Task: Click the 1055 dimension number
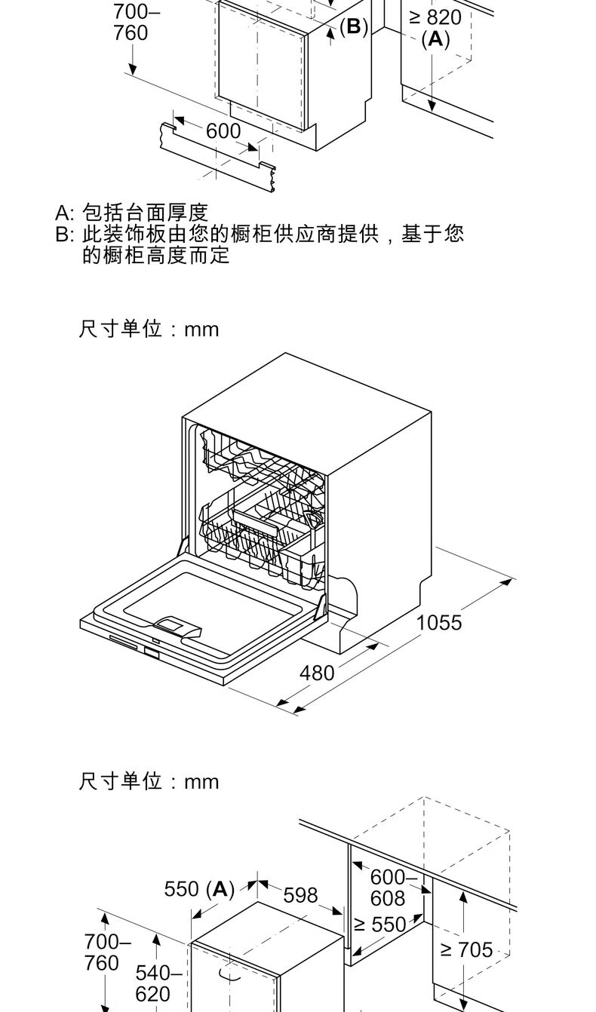439,623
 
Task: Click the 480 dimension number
317,673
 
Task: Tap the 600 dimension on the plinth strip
223,131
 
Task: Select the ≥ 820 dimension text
435,17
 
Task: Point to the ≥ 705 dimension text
465,950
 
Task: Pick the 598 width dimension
300,895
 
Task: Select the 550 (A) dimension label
199,890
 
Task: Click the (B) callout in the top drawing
353,28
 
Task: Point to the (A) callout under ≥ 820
435,39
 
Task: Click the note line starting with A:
131,213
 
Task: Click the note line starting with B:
260,234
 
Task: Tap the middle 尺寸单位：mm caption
149,330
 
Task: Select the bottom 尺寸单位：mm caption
149,781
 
